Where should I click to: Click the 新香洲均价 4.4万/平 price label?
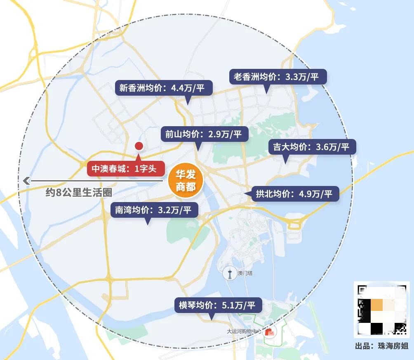tap(164, 88)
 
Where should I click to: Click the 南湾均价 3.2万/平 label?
tap(154, 210)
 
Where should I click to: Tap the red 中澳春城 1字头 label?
tap(126, 169)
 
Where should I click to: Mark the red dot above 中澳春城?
tap(139, 146)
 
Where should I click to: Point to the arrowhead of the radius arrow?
tap(26, 180)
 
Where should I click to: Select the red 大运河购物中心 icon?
tap(271, 332)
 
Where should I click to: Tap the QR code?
tap(381, 309)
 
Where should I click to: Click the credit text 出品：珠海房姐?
tap(381, 346)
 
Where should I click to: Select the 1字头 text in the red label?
tap(147, 169)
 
